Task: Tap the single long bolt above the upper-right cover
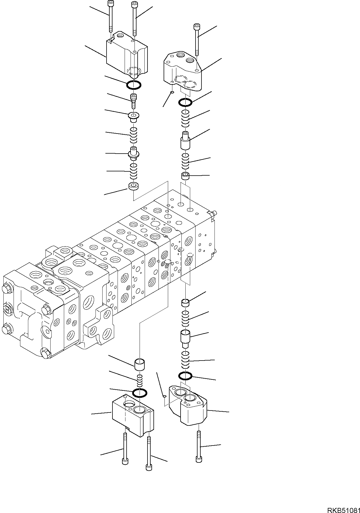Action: point(197,40)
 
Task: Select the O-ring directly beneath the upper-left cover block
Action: point(134,84)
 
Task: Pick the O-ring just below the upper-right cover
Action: point(185,102)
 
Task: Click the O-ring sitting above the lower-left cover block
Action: point(139,392)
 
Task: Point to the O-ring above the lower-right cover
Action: point(185,376)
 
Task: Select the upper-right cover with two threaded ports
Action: point(183,71)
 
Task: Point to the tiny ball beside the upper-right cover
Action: point(172,92)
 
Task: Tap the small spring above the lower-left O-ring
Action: point(139,381)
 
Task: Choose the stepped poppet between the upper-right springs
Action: point(185,140)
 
